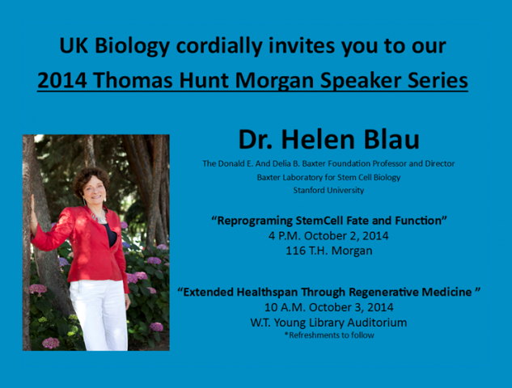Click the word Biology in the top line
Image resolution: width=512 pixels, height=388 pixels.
[x=132, y=46]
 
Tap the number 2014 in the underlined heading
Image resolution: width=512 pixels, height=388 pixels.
[x=62, y=80]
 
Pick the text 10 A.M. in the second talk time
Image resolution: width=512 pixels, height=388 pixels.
[x=285, y=307]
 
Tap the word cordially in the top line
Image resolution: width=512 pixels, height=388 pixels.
[x=219, y=46]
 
